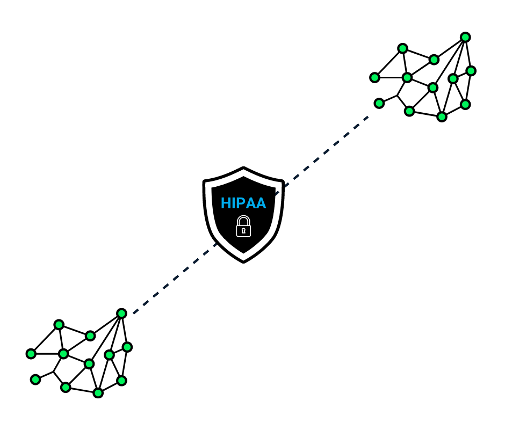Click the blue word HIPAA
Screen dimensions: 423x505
coord(243,203)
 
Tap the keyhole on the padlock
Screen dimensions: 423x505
coord(243,231)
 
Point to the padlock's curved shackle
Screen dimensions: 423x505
coord(243,218)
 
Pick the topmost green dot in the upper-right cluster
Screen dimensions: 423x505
coord(465,38)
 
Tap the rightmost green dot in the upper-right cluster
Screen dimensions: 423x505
coord(471,71)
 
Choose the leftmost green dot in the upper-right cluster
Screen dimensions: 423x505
coord(374,78)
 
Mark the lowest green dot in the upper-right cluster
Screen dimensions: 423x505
coord(442,117)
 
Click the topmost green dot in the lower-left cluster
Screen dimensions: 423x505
coord(121,313)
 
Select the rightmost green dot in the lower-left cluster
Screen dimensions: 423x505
coord(127,347)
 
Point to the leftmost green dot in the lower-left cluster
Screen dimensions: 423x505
coord(31,354)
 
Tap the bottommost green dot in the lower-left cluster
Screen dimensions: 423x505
coord(98,393)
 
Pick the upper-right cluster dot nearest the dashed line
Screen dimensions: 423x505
coord(379,104)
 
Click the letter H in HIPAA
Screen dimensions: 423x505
coord(226,203)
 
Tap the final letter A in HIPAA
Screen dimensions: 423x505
coord(261,203)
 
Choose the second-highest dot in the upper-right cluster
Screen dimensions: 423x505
coord(402,48)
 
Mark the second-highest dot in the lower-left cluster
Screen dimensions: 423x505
coord(59,325)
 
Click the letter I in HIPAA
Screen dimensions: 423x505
coord(233,203)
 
